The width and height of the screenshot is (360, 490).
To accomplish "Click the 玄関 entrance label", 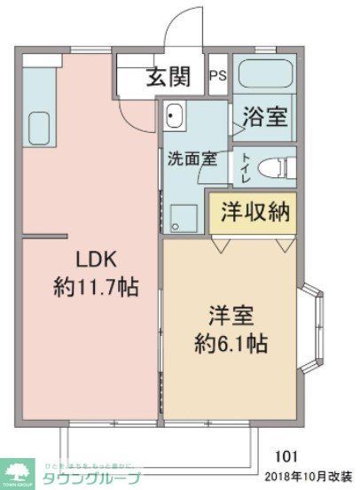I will [x=168, y=78].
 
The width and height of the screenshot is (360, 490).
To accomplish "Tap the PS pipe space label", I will [x=217, y=76].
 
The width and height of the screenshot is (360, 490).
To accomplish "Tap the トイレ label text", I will [x=246, y=167].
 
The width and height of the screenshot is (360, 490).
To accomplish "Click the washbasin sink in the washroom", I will [x=175, y=116].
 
